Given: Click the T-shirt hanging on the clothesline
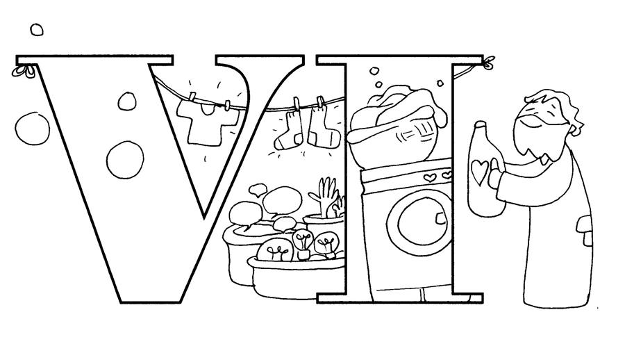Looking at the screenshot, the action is (206, 122).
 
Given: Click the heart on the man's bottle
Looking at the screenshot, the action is (479, 172).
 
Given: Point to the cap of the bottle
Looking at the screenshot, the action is (481, 125).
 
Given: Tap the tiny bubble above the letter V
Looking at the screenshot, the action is (37, 29).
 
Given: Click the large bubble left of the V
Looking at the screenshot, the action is (32, 129).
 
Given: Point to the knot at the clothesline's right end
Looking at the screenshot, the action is (487, 63).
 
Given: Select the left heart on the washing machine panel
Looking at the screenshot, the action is (429, 177).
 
